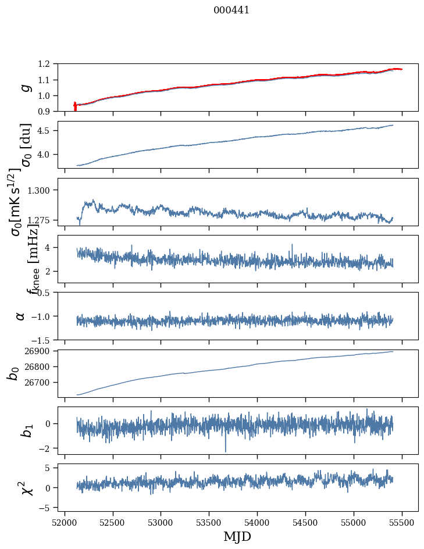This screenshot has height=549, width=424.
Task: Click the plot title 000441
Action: pyautogui.click(x=231, y=10)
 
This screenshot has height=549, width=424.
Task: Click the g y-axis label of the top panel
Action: pyautogui.click(x=24, y=87)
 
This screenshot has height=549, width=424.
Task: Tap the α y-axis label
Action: pyautogui.click(x=20, y=316)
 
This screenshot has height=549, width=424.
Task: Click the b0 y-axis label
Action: pyautogui.click(x=13, y=373)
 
